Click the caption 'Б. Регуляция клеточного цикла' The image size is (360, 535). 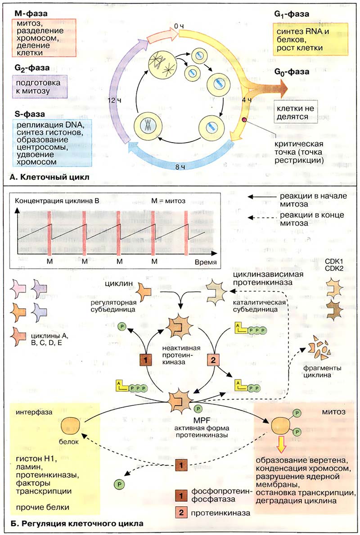click(x=75, y=524)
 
